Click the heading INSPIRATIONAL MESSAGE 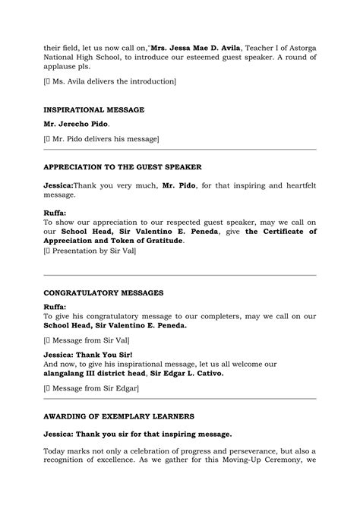pos(93,109)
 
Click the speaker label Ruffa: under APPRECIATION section pos(55,213)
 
